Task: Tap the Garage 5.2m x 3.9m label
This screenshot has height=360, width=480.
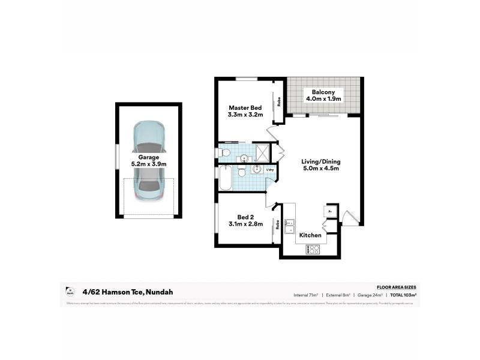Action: [x=149, y=160]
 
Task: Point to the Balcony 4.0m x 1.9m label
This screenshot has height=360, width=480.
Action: [x=323, y=95]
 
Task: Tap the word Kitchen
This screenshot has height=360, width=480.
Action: [x=310, y=235]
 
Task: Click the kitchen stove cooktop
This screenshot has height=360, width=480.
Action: [x=313, y=250]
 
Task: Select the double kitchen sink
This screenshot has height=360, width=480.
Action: [x=289, y=226]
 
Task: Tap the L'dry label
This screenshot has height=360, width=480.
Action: [x=270, y=170]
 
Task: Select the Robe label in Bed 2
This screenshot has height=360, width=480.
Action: [x=278, y=225]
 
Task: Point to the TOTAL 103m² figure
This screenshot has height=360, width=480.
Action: [x=403, y=295]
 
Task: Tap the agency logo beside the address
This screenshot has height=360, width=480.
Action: [x=70, y=292]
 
